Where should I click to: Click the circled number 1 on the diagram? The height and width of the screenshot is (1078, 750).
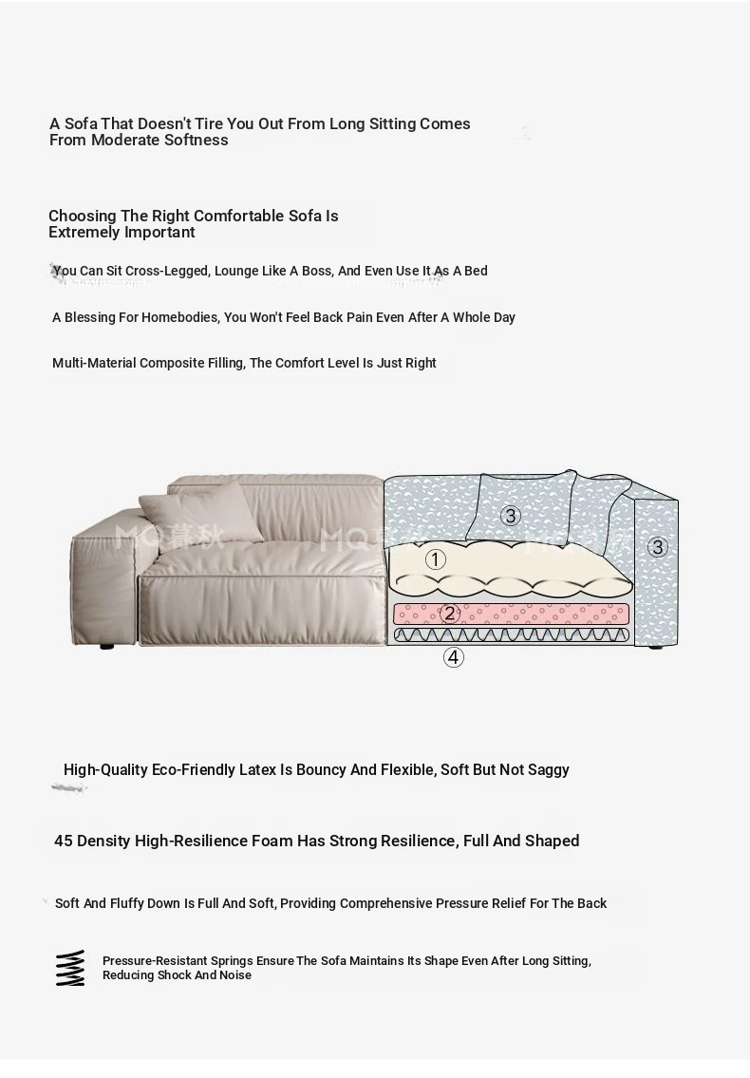[435, 559]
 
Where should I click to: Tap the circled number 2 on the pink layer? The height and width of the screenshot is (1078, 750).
[450, 614]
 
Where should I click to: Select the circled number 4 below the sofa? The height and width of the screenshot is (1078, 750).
[454, 656]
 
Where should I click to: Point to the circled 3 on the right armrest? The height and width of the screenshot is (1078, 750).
[658, 546]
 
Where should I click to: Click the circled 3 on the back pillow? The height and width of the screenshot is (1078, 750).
[511, 516]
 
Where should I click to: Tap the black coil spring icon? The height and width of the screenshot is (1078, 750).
[69, 968]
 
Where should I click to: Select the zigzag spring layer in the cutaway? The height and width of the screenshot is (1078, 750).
[511, 634]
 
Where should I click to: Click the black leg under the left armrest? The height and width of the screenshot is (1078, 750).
[105, 647]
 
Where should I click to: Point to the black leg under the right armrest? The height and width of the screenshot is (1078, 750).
[657, 648]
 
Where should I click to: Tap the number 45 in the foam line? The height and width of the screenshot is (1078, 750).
[64, 841]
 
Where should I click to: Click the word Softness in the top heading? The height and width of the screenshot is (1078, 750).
[196, 140]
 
